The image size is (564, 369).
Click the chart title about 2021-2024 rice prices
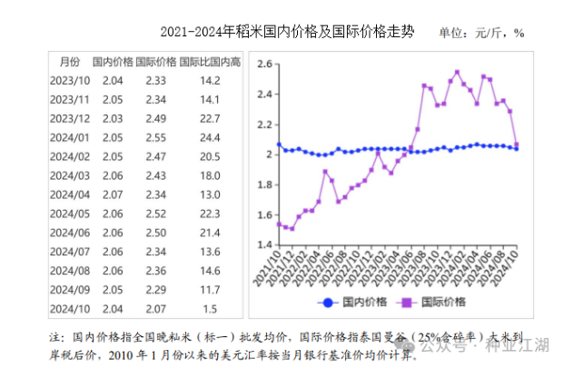coord(287,32)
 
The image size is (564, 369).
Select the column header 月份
coord(69,63)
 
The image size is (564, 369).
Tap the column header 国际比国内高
coord(210,63)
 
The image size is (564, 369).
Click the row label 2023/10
coord(69,81)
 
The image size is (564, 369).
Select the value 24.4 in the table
coord(209,137)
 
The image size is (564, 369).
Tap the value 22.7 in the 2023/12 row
coord(209,118)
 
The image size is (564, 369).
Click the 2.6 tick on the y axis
coord(264,65)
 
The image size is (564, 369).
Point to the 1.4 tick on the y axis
coord(264,244)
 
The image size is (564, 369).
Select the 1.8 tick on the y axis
coord(264,184)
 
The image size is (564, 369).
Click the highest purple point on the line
coord(457,72)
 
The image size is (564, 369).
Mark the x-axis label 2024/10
coord(510,268)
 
